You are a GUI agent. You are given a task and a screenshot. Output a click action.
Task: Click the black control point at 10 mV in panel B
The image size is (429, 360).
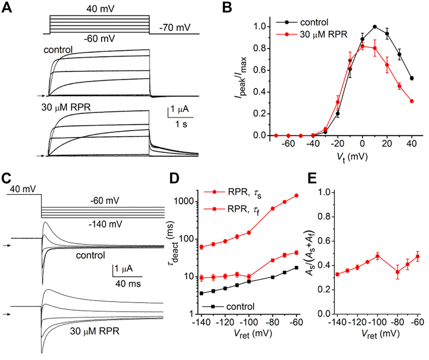[375, 27]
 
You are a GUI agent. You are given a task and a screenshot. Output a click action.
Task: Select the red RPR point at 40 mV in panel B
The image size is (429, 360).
[412, 101]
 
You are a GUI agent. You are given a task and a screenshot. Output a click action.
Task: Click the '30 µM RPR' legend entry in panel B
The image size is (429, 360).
[323, 34]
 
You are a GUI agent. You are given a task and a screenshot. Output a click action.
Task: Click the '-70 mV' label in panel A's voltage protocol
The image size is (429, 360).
[175, 27]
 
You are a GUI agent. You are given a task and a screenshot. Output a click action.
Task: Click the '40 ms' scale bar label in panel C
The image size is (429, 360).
[128, 283]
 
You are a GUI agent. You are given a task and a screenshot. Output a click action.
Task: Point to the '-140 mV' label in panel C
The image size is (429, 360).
[105, 224]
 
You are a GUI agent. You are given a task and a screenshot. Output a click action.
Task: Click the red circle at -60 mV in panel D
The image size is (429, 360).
[296, 195]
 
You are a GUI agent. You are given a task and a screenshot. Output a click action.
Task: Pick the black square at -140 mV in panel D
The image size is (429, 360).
[202, 293]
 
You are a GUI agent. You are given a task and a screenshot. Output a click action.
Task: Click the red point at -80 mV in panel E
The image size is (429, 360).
[397, 272]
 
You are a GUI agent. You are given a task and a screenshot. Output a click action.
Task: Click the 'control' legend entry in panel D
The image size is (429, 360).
[240, 306]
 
